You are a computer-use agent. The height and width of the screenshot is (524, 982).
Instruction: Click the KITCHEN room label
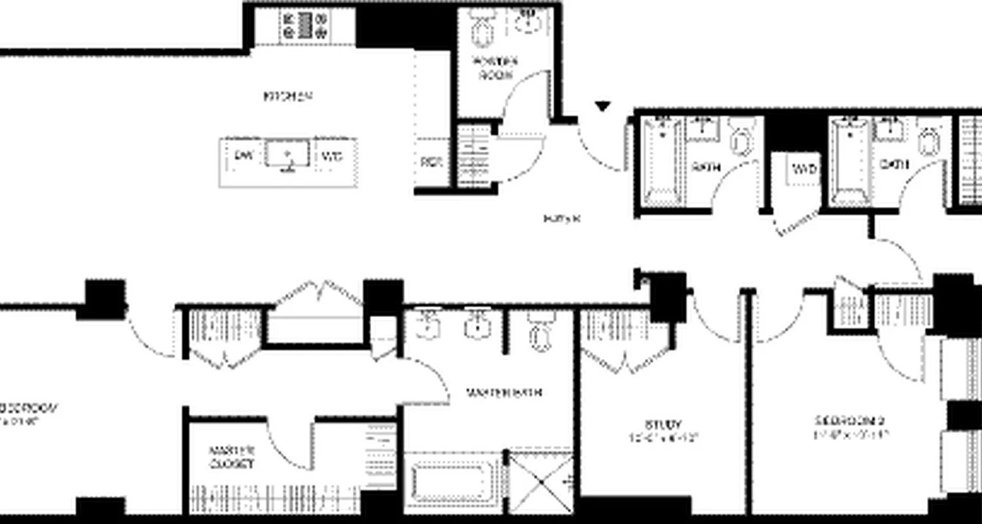pos(287,96)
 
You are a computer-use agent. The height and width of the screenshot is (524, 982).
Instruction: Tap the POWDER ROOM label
pos(495,67)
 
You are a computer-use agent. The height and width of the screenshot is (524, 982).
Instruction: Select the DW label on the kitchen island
pos(243,157)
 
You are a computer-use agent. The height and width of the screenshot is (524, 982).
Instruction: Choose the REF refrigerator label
pos(430,162)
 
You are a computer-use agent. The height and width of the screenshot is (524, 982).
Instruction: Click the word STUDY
pos(663,424)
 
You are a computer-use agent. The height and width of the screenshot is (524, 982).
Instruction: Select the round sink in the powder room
pos(528,22)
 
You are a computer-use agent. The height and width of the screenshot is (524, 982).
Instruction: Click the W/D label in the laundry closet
pos(805,170)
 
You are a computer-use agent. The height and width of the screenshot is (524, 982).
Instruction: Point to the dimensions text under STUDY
pos(663,436)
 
